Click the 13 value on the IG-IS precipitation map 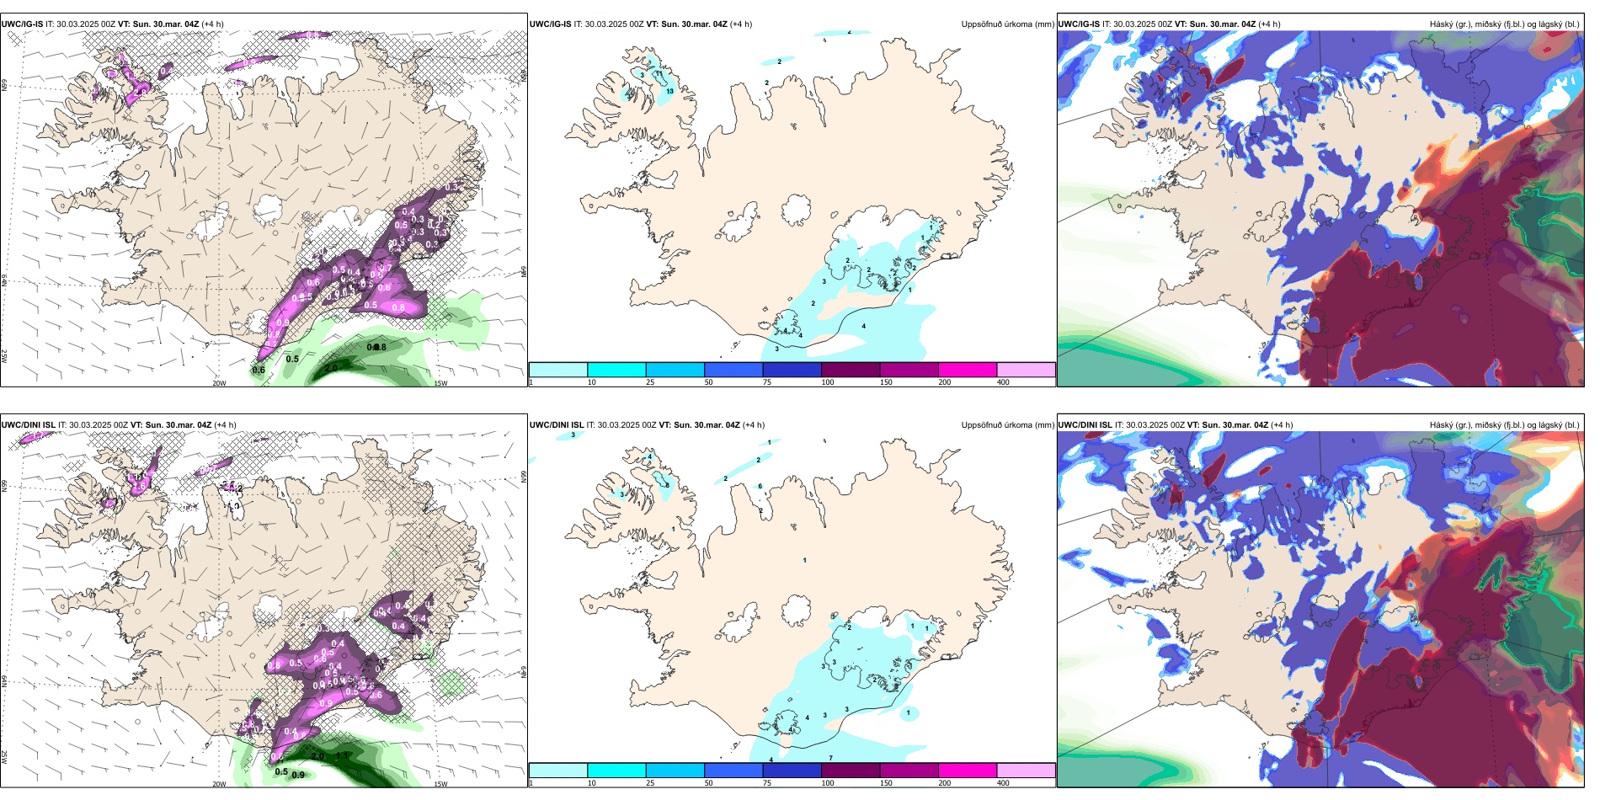tap(669, 91)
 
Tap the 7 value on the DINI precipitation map tap(830, 758)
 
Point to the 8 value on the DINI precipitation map tap(668, 485)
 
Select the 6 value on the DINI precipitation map tap(760, 487)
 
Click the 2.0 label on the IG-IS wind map tap(331, 369)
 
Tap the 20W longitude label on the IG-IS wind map tap(219, 383)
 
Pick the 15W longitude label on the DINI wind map tap(440, 784)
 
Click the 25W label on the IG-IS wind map tap(4, 356)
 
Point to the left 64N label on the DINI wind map tap(4, 681)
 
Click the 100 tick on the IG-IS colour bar tap(828, 382)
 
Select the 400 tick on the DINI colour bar tap(1003, 783)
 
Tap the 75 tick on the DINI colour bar tap(767, 783)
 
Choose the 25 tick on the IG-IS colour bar tap(650, 382)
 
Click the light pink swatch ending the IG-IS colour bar tap(1026, 370)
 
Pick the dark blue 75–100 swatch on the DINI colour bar tap(792, 771)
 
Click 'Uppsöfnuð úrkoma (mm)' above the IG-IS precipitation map tap(1007, 24)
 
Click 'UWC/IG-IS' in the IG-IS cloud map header tap(1079, 24)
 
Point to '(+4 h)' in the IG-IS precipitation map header tap(741, 24)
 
